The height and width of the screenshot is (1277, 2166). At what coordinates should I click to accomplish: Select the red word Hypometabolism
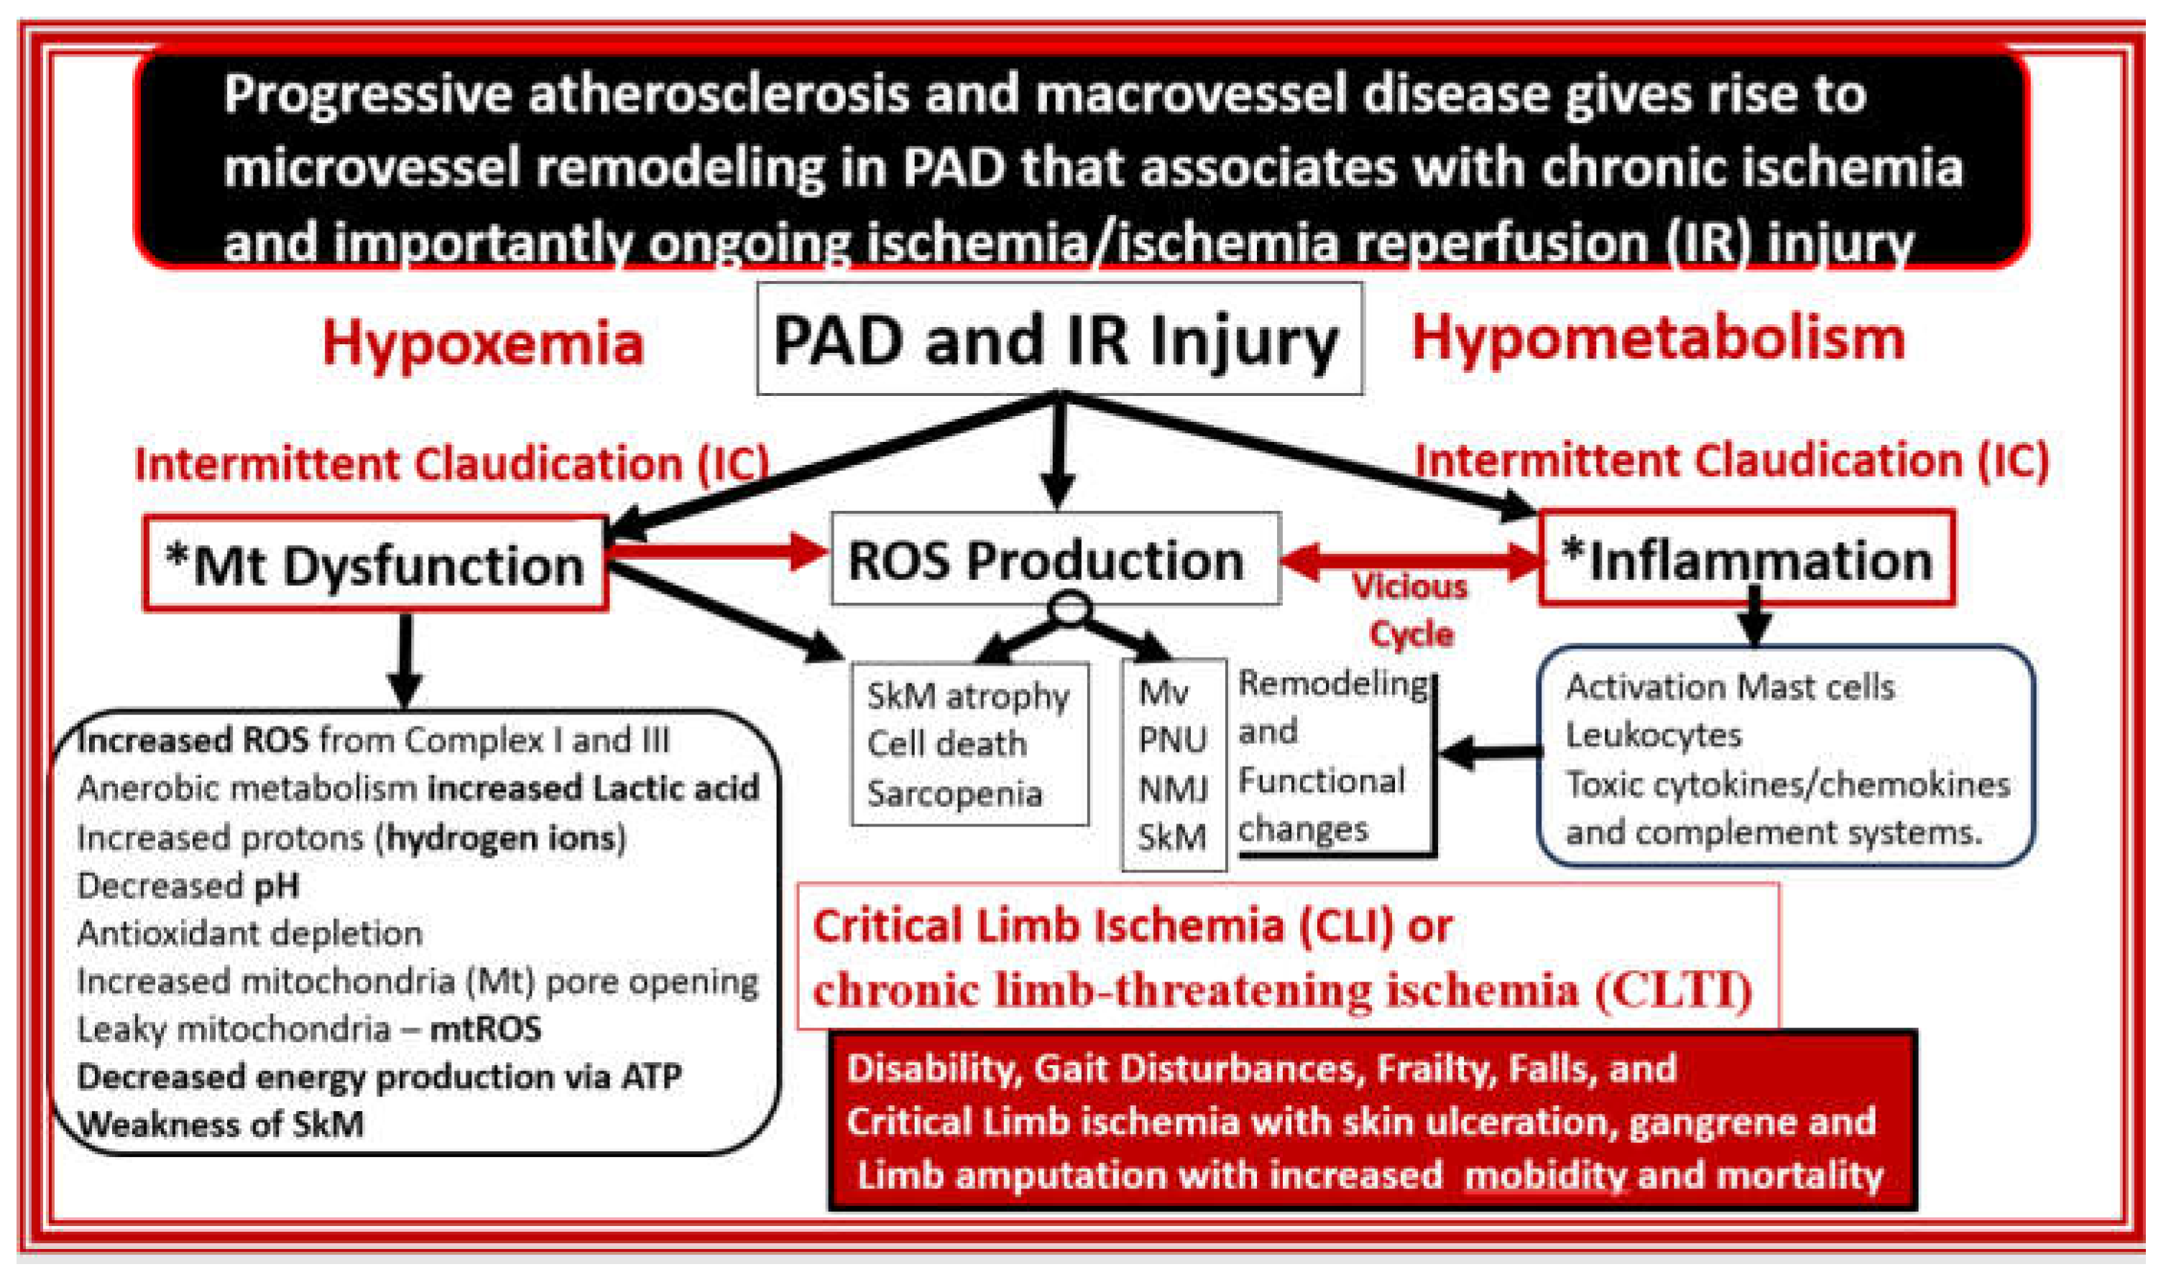[1659, 338]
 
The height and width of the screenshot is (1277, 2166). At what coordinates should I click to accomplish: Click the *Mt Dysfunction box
[375, 565]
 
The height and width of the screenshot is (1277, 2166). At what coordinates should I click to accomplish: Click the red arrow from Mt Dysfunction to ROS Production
[719, 550]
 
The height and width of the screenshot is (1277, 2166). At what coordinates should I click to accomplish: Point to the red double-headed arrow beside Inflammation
[1411, 561]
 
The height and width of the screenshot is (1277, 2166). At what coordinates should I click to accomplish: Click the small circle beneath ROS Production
[1069, 609]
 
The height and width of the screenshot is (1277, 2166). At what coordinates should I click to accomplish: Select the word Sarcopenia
[954, 793]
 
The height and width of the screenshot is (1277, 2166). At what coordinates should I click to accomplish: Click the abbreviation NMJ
[1173, 789]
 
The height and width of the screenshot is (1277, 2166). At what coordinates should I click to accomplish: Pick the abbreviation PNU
[1173, 740]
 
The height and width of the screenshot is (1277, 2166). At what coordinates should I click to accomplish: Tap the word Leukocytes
[1653, 736]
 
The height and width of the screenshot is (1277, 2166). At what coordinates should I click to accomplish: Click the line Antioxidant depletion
[249, 933]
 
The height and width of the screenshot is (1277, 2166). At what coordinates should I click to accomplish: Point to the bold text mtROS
[487, 1029]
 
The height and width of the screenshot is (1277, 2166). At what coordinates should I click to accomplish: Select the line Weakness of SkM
[221, 1124]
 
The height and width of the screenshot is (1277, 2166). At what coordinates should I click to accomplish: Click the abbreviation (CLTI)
[1673, 990]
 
